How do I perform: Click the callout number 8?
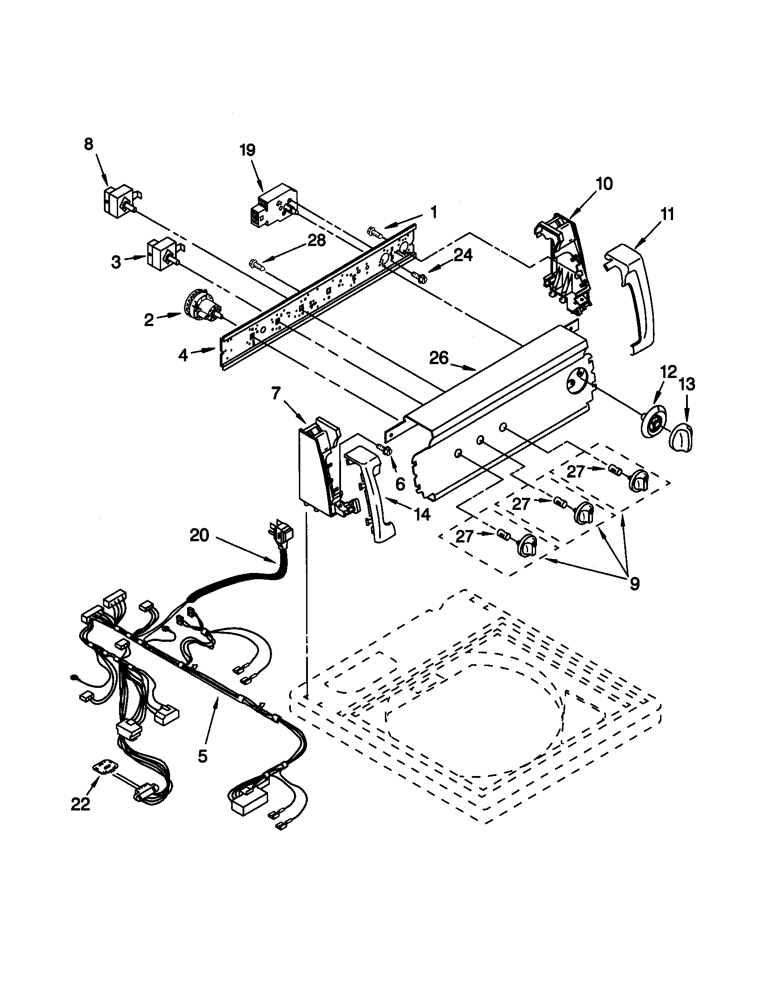coord(88,144)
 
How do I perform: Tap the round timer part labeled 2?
coord(202,306)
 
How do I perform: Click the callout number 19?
coord(247,150)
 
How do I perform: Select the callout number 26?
coord(438,358)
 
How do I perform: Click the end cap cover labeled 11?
coord(631,297)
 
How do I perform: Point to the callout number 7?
coord(276,393)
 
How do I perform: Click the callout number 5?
coord(203,756)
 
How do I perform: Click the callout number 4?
coord(183,356)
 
